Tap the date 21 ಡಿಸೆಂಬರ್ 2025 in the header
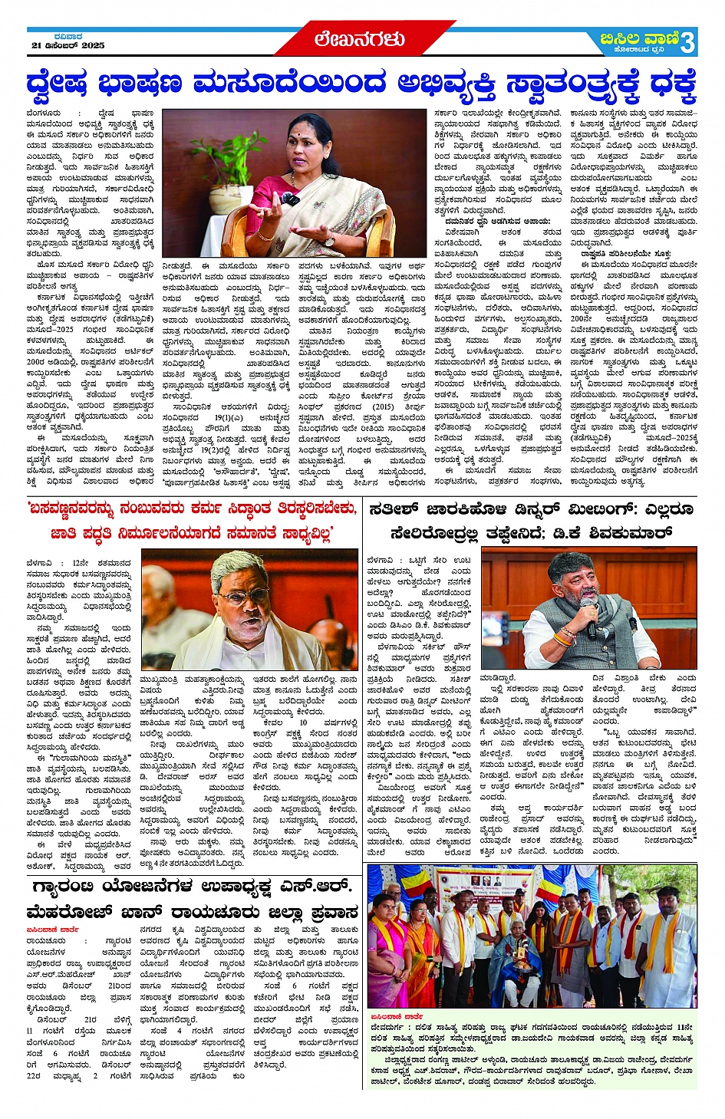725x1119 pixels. pos(68,46)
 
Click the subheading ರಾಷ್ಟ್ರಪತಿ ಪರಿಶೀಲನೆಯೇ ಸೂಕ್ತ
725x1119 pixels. pos(625,253)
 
